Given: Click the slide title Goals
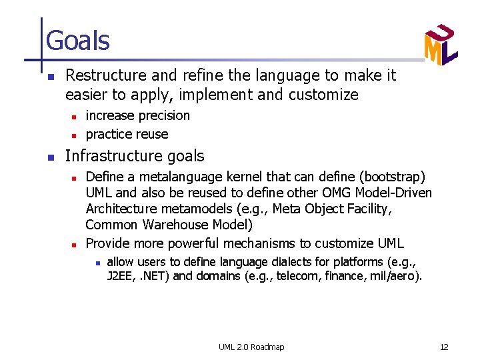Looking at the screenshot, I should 77,41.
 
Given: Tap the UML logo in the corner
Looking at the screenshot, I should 440,45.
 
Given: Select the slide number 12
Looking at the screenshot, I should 444,347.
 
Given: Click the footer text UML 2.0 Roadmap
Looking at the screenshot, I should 251,347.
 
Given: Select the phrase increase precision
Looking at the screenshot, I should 138,115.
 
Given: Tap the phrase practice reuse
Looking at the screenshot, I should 127,134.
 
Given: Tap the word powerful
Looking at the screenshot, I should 195,243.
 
